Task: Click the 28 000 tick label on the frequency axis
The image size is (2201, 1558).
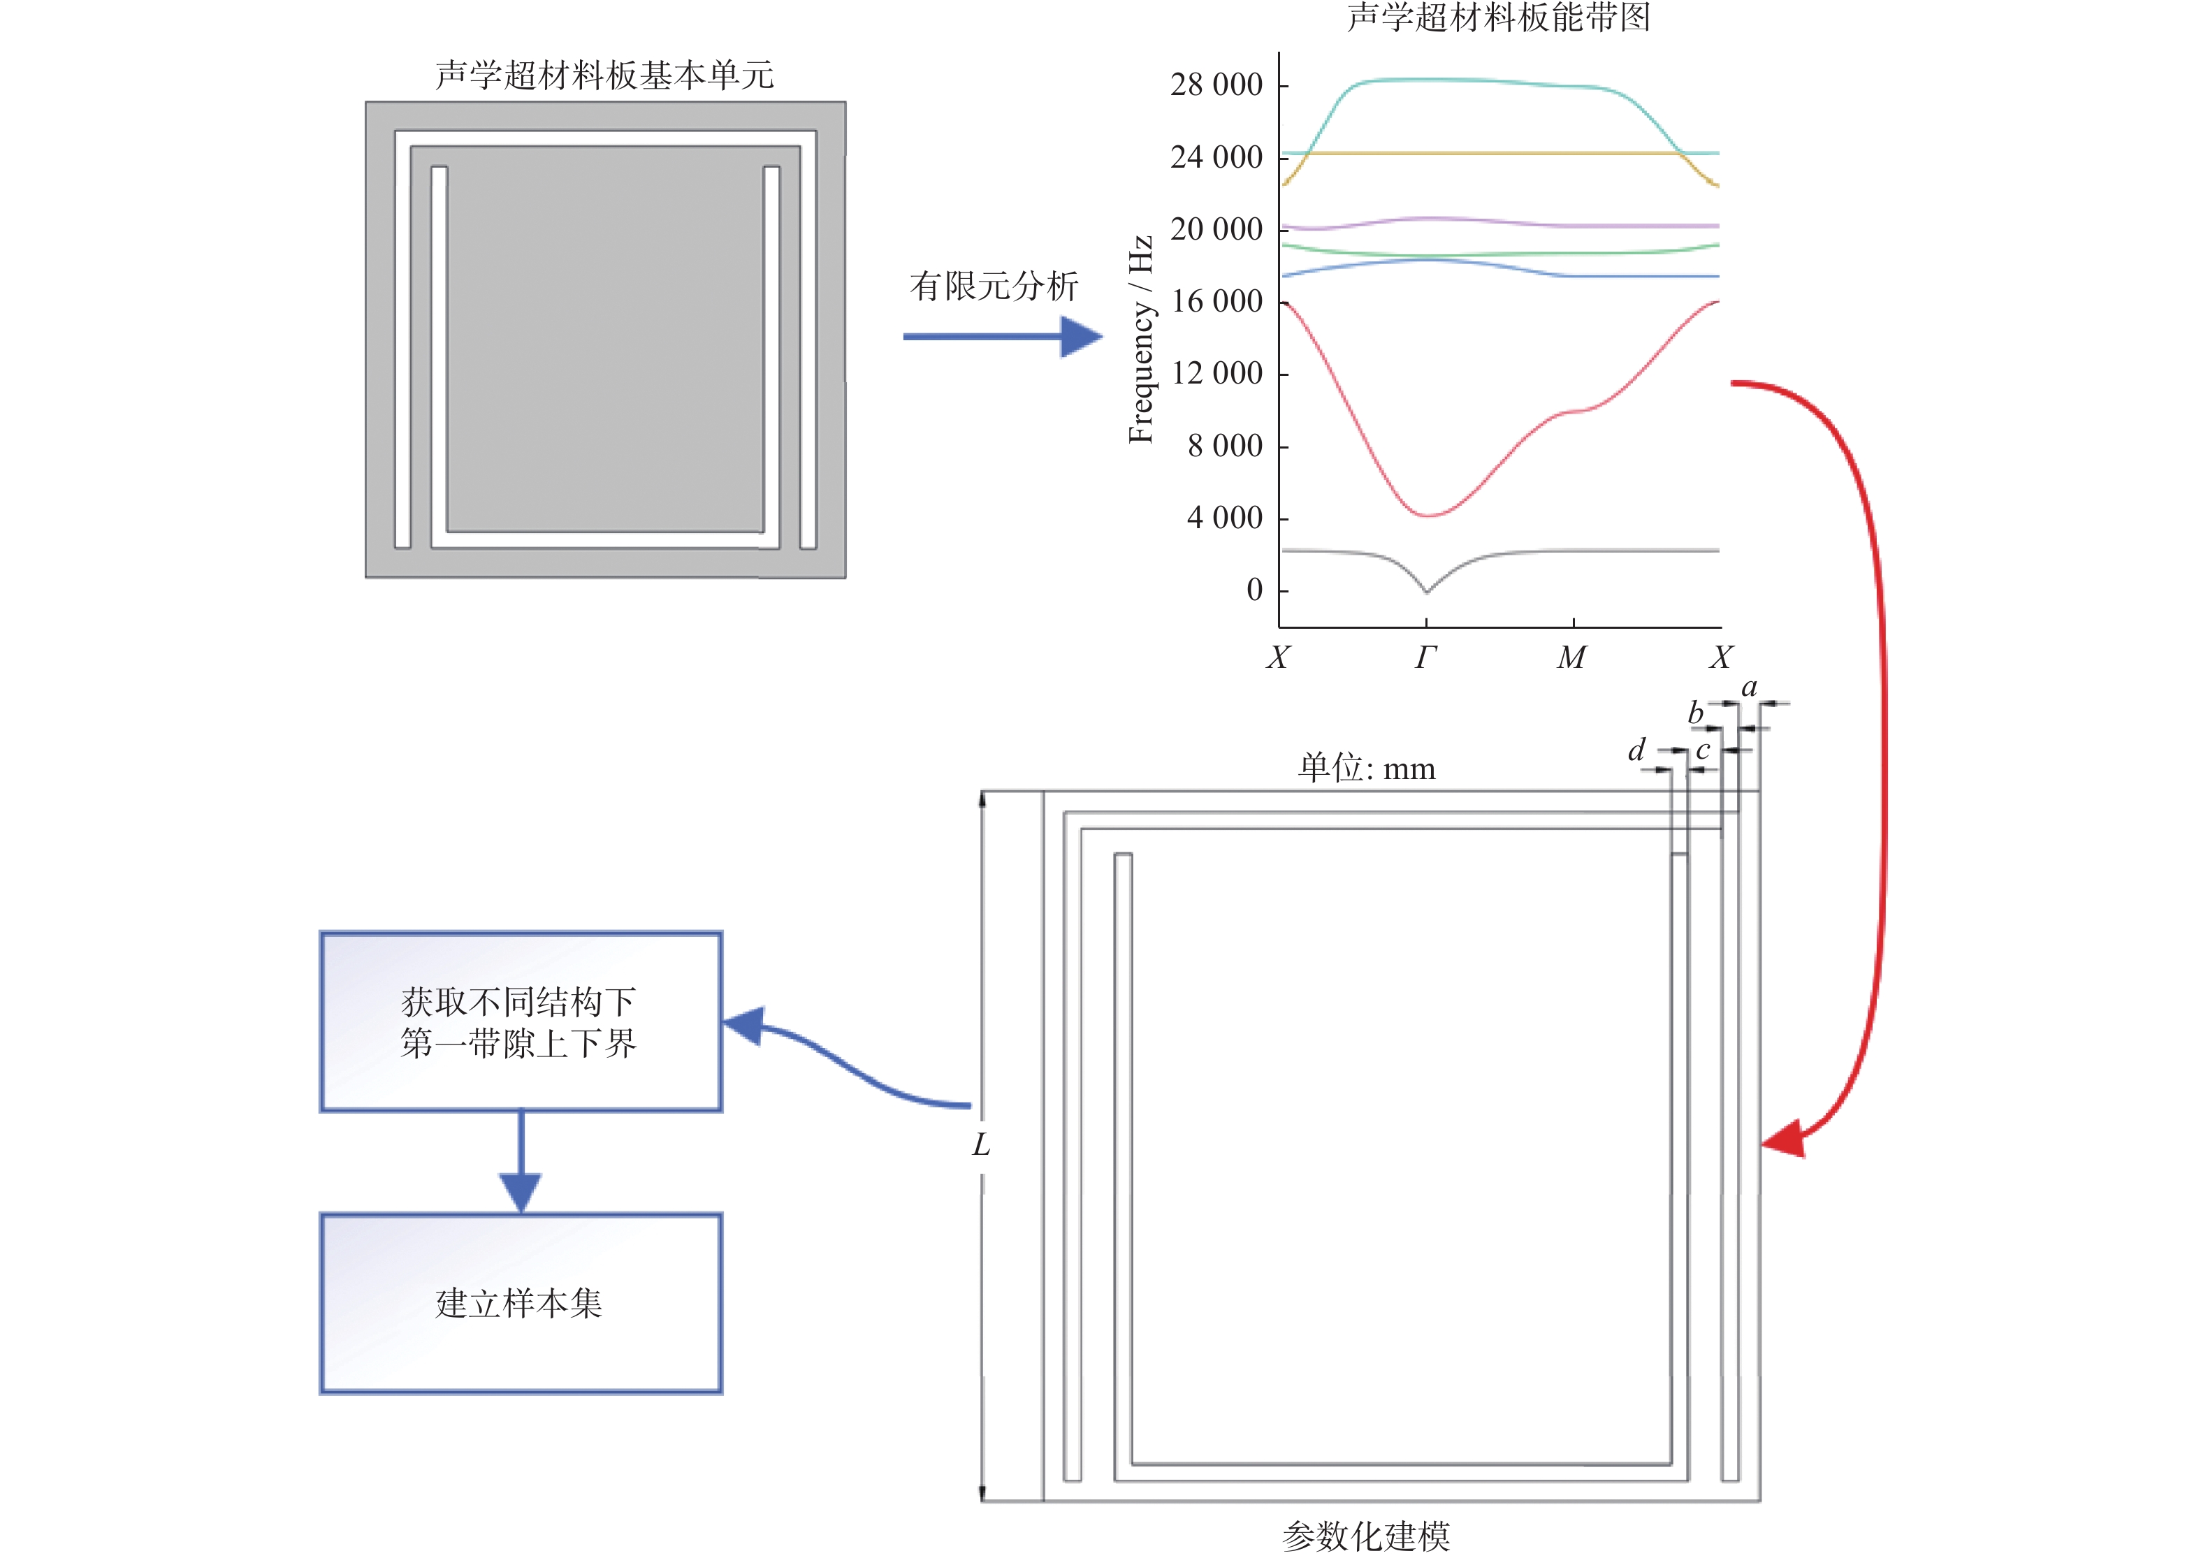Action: tap(1216, 85)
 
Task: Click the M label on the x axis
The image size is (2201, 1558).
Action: tap(1571, 657)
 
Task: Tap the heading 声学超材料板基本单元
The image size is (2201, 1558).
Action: tap(604, 75)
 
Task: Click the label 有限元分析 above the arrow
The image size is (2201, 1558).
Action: tap(994, 285)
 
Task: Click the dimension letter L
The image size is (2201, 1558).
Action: tap(980, 1144)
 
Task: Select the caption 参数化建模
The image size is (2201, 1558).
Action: tap(1365, 1536)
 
